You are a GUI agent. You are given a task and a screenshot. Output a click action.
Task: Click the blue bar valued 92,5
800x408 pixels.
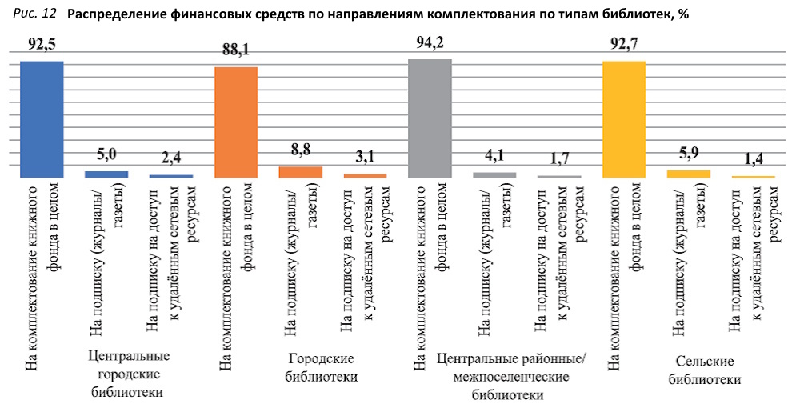(42, 119)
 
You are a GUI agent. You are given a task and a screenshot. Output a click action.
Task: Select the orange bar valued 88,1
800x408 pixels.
(236, 122)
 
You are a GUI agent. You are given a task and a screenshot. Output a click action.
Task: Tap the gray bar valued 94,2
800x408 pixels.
(430, 118)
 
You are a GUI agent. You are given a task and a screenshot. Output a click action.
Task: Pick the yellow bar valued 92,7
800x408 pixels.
(623, 119)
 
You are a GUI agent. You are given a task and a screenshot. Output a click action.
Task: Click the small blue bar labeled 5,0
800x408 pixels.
(106, 174)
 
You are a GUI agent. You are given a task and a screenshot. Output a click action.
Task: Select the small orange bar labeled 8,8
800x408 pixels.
(301, 172)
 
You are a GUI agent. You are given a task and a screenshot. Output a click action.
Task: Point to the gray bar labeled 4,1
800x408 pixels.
(494, 174)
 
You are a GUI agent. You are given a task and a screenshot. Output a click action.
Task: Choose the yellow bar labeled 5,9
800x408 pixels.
(688, 174)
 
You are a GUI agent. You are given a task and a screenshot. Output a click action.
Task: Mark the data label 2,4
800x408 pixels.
(171, 159)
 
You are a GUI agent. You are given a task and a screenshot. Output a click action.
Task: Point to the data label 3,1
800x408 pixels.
(365, 159)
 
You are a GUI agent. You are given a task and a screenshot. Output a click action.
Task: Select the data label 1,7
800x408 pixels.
(559, 161)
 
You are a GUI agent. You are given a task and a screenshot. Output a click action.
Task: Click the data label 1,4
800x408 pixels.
(753, 161)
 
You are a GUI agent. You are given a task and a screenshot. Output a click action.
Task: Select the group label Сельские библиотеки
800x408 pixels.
(705, 371)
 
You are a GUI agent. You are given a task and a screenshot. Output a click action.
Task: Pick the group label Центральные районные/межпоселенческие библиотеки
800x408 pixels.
(511, 376)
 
